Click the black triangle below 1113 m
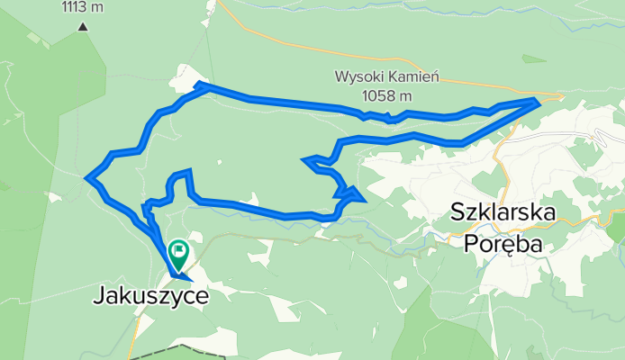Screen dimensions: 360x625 click(83, 26)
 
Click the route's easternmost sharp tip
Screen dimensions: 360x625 click(539, 101)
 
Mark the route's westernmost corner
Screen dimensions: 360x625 click(87, 178)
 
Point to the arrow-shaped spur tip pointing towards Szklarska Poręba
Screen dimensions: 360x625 click(362, 197)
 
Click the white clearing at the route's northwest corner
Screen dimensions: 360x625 click(185, 76)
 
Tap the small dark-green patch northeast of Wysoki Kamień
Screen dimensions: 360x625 click(533, 59)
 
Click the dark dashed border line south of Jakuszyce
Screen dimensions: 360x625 click(171, 348)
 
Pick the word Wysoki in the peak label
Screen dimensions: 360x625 click(356, 78)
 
